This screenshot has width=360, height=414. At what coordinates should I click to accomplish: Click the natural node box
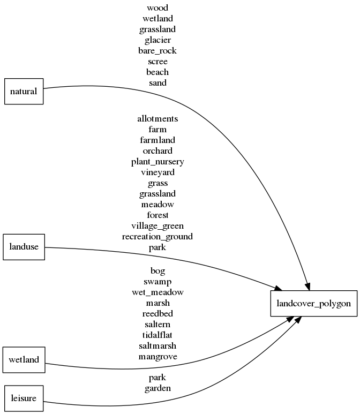(24, 91)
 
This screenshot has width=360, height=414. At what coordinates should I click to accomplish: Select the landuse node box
(24, 247)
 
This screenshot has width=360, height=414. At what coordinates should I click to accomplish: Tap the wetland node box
(24, 359)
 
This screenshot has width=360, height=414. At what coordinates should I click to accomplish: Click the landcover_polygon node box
(313, 304)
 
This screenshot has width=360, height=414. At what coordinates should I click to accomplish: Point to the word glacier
(157, 40)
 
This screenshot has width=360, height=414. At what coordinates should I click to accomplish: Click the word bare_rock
(157, 51)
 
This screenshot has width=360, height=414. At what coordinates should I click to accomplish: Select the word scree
(157, 62)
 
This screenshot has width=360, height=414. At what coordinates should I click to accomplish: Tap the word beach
(157, 72)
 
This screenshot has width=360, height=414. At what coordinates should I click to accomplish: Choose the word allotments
(157, 119)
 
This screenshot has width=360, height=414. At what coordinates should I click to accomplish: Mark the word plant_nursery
(157, 162)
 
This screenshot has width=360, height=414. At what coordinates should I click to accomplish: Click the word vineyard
(157, 172)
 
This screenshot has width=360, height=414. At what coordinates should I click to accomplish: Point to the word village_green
(157, 226)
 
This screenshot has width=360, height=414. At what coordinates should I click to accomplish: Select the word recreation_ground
(157, 237)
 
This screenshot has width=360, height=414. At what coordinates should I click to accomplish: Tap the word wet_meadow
(157, 292)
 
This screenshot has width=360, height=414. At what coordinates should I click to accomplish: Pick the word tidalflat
(157, 335)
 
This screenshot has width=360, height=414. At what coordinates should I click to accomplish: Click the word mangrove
(157, 357)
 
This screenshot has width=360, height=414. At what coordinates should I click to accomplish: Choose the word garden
(157, 388)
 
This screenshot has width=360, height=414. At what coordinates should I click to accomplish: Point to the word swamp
(157, 282)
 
